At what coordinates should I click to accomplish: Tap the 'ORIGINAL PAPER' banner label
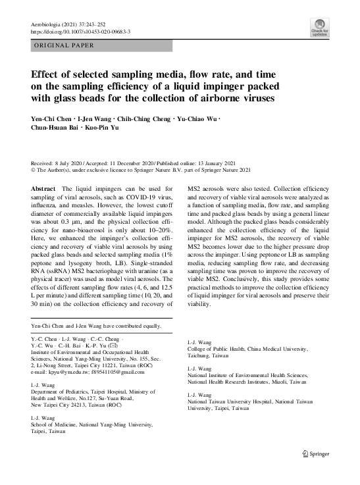click(x=64, y=45)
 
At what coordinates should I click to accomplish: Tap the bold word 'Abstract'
click(x=43, y=189)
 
